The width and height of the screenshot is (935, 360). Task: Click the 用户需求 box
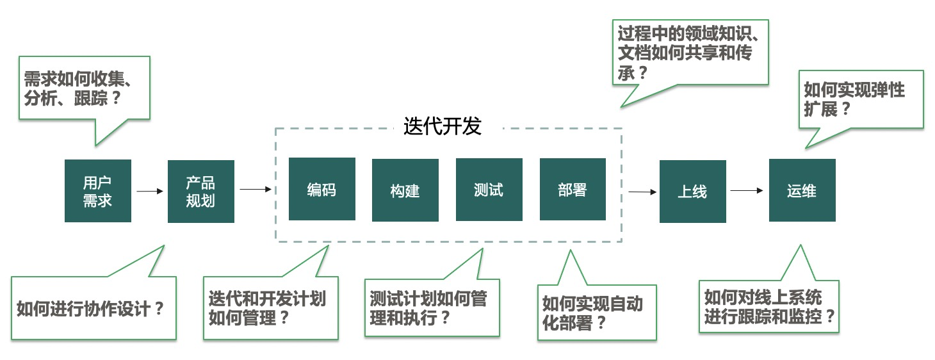pyautogui.click(x=98, y=191)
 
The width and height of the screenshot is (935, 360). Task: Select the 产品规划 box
pyautogui.click(x=200, y=191)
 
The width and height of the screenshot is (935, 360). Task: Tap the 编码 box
pyautogui.click(x=321, y=190)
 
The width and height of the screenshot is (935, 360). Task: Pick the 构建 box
pyautogui.click(x=405, y=190)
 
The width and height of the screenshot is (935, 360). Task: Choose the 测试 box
pyautogui.click(x=489, y=190)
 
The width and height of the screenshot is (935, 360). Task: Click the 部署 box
pyautogui.click(x=572, y=190)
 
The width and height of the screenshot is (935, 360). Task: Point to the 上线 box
pyautogui.click(x=692, y=191)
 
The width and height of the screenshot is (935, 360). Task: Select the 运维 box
pyautogui.click(x=802, y=190)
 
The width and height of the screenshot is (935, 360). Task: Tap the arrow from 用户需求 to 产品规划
pyautogui.click(x=150, y=191)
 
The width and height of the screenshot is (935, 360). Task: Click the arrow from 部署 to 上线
pyautogui.click(x=642, y=191)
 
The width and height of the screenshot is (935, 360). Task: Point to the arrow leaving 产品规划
pyautogui.click(x=256, y=189)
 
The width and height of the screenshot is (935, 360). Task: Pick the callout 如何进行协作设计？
pyautogui.click(x=93, y=309)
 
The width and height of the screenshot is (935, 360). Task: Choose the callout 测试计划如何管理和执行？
pyautogui.click(x=432, y=307)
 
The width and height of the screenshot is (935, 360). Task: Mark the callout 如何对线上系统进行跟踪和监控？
pyautogui.click(x=768, y=306)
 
